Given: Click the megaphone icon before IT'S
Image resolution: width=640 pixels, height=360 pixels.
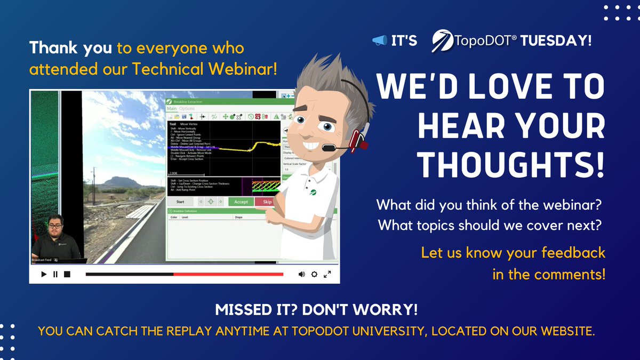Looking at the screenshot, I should tap(379, 41).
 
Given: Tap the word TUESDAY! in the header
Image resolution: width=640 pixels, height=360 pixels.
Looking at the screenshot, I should tap(556, 41).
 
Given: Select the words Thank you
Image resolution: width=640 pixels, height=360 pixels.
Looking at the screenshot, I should tap(70, 49).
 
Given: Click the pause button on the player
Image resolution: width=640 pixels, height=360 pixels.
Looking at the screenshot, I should tap(55, 274).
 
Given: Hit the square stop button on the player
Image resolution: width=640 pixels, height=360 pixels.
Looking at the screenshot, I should tap(67, 274).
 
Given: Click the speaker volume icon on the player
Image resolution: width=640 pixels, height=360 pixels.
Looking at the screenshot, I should tap(301, 274).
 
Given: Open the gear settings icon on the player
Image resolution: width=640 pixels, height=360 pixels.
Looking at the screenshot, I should tap(315, 274).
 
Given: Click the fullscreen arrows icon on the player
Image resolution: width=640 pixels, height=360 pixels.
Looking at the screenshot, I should tap(328, 274).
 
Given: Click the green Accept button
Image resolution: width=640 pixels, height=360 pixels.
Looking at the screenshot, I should tap(241, 202).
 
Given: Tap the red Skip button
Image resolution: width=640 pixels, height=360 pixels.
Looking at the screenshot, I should tap(267, 202).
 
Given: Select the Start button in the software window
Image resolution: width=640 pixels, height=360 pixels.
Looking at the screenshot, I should tap(180, 202).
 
